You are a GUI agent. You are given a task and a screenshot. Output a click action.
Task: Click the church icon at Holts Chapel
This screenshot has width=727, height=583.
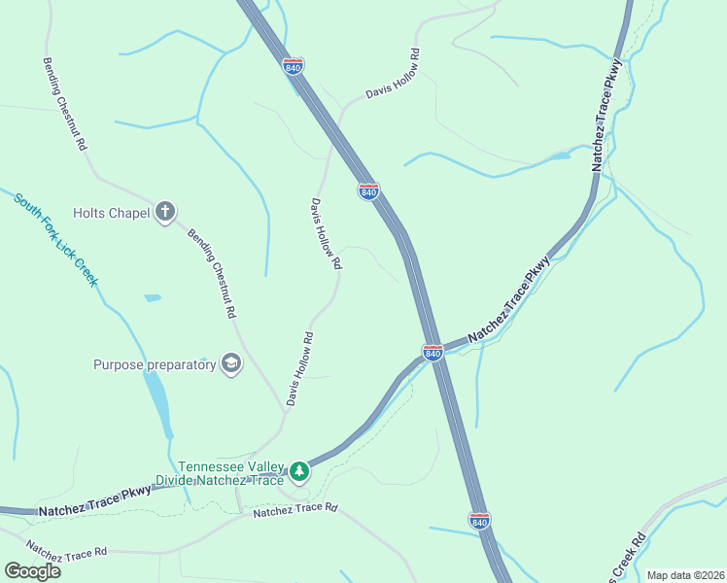tap(165, 212)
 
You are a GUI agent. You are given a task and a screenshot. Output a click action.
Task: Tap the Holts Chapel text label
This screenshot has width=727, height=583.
tap(111, 213)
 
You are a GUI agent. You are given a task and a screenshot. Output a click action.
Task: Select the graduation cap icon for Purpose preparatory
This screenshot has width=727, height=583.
tap(231, 364)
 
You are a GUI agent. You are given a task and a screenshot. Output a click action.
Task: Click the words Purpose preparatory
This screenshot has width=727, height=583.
tap(155, 365)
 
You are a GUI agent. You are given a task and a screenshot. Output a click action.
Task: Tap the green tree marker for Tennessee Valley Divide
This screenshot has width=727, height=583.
tap(300, 471)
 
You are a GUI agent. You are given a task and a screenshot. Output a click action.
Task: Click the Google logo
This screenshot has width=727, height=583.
tap(32, 570)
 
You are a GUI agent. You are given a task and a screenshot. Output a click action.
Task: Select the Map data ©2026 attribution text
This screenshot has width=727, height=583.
tap(686, 575)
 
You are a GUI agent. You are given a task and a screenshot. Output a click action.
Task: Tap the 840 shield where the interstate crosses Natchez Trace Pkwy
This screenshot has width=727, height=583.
tap(433, 351)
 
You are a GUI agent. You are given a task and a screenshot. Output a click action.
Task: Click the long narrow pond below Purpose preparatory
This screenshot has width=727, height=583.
tap(158, 400)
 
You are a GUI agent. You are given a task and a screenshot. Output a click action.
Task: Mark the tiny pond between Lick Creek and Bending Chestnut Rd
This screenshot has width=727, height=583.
tap(153, 297)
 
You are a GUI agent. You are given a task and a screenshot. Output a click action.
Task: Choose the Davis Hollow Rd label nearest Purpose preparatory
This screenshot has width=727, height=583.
tap(299, 369)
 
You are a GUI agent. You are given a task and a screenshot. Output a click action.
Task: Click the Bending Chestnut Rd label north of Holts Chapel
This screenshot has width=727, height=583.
tap(65, 102)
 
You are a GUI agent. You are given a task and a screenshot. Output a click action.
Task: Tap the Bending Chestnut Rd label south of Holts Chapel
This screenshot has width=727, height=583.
tap(212, 274)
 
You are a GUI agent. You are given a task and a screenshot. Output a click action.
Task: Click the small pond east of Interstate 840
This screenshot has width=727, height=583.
tap(560, 154)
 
